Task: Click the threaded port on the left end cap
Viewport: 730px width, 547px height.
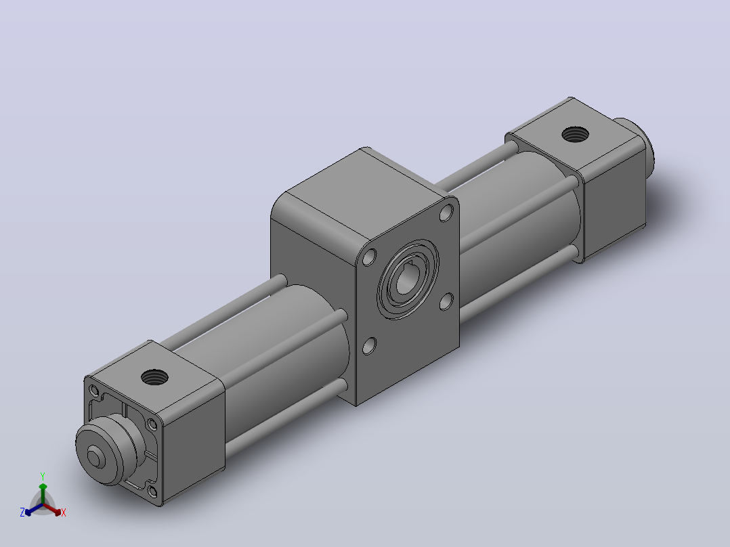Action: (x=154, y=376)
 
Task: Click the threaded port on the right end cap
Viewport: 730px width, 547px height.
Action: (x=576, y=135)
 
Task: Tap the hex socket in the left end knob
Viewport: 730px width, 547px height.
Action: (x=95, y=456)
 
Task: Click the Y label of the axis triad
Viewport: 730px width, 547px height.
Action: (x=43, y=477)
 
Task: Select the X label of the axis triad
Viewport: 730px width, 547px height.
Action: (x=64, y=513)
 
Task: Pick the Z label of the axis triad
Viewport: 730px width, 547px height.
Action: (x=22, y=512)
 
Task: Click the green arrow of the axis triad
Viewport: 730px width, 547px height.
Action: (x=43, y=493)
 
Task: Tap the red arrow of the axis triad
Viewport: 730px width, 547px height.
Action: (x=52, y=509)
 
